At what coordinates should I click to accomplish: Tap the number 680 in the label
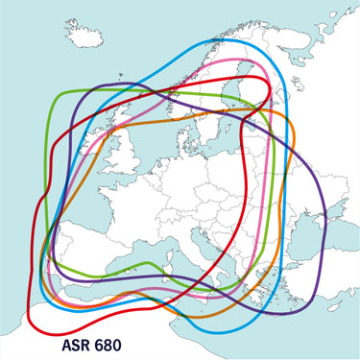pyautogui.click(x=118, y=341)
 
